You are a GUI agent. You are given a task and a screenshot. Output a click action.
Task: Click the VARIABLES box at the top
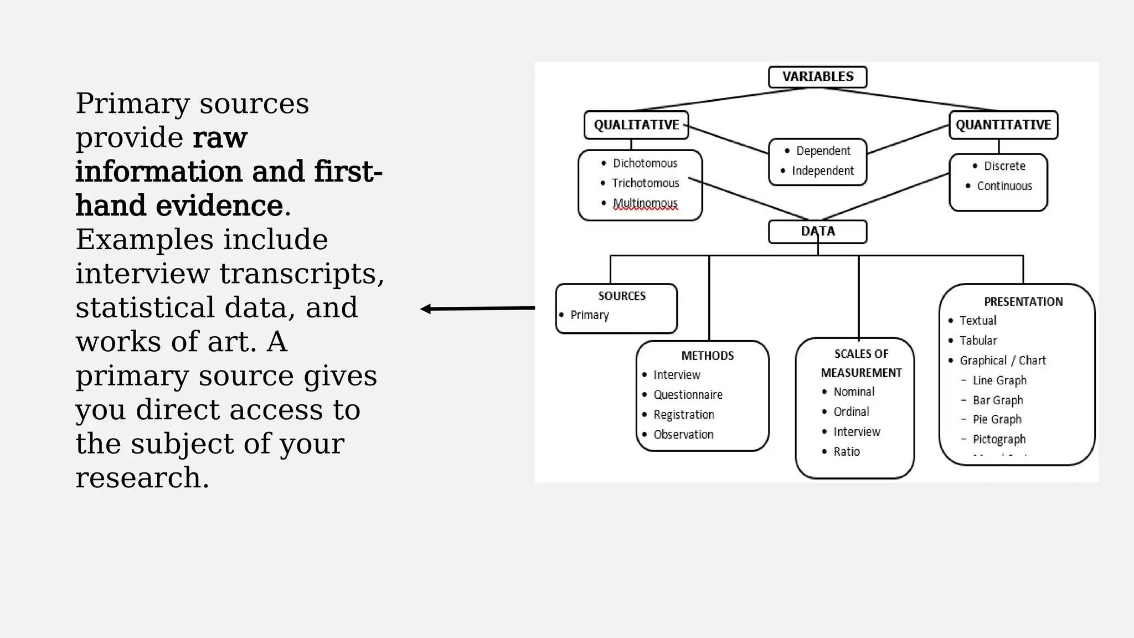(x=817, y=76)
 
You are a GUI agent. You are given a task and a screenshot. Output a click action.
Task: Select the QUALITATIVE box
(x=636, y=125)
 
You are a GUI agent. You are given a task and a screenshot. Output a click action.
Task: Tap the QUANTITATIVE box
(x=1003, y=125)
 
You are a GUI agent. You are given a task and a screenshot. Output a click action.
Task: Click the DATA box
(x=817, y=231)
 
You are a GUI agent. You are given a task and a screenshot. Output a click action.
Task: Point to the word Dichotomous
(x=645, y=163)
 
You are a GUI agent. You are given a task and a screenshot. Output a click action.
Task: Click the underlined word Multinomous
(x=645, y=203)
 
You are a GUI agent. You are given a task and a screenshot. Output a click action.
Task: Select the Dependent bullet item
(x=823, y=151)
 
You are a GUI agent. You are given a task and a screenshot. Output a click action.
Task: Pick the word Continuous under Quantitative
(x=1004, y=186)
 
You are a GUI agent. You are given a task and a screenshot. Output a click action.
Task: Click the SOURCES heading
(x=621, y=296)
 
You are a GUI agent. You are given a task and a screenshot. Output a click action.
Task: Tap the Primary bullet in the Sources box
(x=589, y=315)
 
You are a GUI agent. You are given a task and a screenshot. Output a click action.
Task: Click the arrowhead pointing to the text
(x=426, y=309)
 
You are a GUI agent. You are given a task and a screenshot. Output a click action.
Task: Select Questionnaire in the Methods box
(x=688, y=395)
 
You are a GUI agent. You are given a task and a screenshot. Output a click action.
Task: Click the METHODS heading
(x=707, y=356)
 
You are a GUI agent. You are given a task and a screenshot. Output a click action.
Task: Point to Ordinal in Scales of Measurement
(x=851, y=412)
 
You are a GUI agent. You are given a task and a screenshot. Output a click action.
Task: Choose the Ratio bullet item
(x=847, y=452)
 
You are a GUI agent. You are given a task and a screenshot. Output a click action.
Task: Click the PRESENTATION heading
(x=1023, y=302)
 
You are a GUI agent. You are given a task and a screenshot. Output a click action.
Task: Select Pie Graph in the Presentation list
(x=997, y=419)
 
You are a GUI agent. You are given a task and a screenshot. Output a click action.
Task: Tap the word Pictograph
(x=999, y=439)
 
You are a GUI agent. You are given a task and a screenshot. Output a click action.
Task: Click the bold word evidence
(x=219, y=206)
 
